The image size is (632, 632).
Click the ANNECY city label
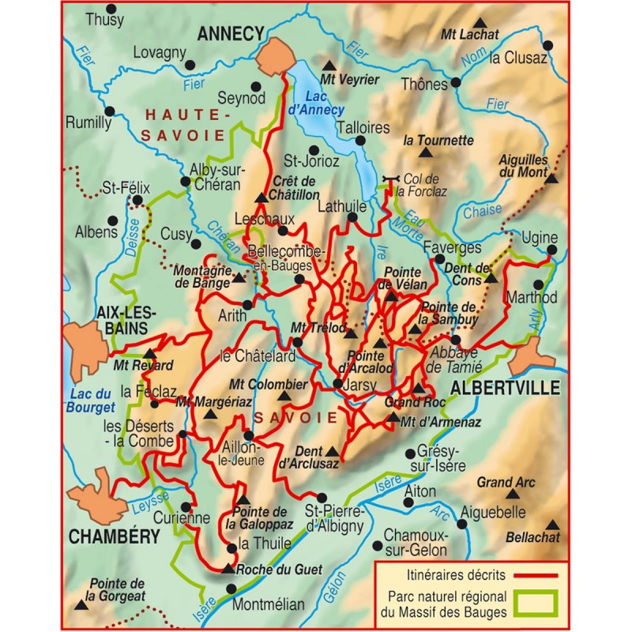[x=230, y=32]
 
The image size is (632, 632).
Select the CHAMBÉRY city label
[x=115, y=537]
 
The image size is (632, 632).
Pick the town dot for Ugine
[x=551, y=250]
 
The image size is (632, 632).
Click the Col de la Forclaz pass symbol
[x=387, y=181]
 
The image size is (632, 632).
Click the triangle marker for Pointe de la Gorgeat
[x=82, y=605]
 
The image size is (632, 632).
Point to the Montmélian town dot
[x=231, y=589]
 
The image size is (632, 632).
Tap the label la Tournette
[x=438, y=141]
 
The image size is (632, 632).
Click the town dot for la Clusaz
[x=481, y=57]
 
